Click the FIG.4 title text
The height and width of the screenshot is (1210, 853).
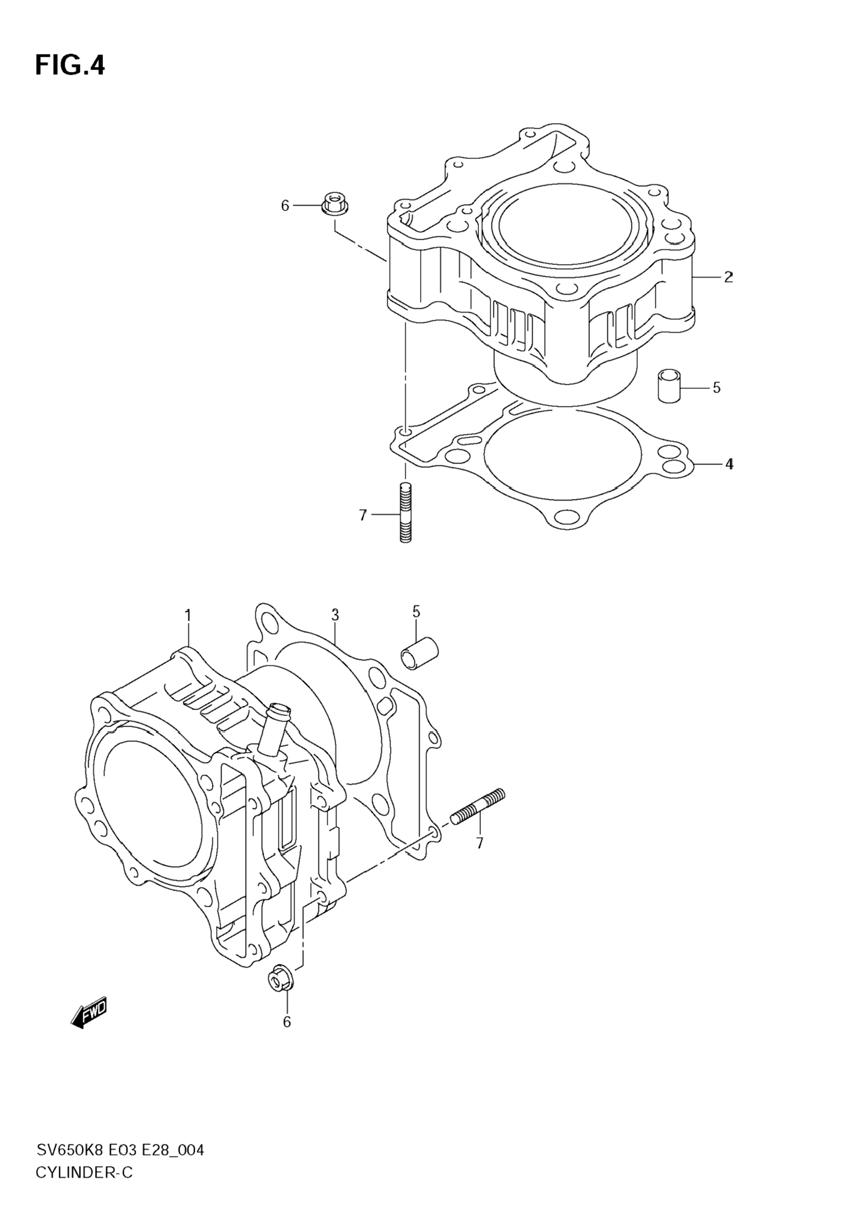click(70, 66)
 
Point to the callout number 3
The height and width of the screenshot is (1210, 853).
click(335, 615)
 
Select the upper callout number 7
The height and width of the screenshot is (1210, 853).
click(362, 515)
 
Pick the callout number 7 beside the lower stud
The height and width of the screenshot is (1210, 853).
click(479, 843)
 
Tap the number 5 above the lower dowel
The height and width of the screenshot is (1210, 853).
click(416, 612)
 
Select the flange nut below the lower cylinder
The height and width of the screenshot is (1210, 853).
click(279, 979)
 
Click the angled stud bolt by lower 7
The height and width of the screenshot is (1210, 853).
click(478, 815)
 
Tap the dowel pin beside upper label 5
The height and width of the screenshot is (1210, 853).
click(669, 386)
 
